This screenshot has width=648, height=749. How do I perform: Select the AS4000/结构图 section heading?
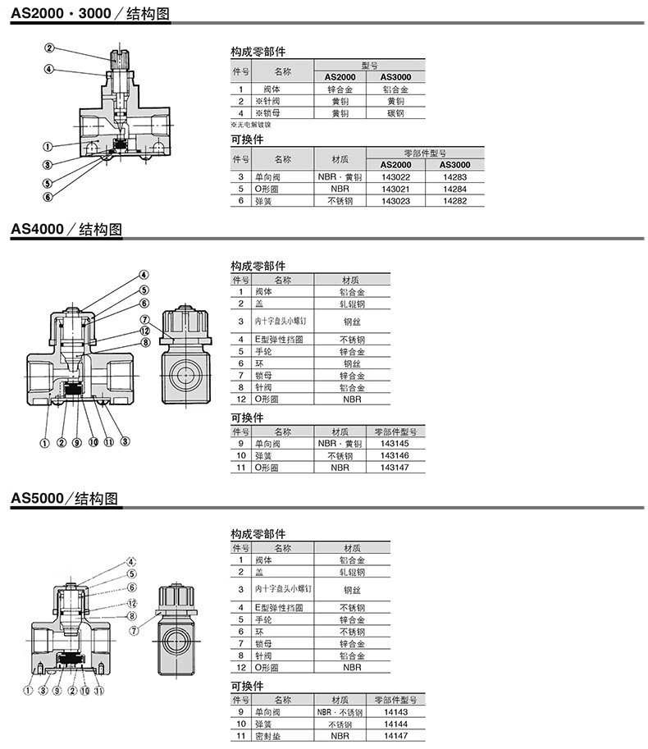[66, 230]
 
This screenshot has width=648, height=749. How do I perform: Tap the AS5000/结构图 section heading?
[65, 498]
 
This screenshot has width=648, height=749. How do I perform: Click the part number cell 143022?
[396, 176]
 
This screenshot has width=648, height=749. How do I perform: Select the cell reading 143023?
[396, 200]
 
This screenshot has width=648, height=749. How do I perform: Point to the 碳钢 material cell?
[395, 113]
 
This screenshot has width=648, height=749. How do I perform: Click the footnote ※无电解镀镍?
[251, 125]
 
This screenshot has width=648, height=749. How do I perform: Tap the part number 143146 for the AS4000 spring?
[395, 455]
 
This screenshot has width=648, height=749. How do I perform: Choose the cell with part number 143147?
[395, 467]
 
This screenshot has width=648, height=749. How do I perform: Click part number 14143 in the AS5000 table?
[395, 712]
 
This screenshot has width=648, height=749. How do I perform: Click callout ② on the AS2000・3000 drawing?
[50, 48]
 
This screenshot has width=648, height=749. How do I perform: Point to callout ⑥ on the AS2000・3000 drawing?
[48, 197]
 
